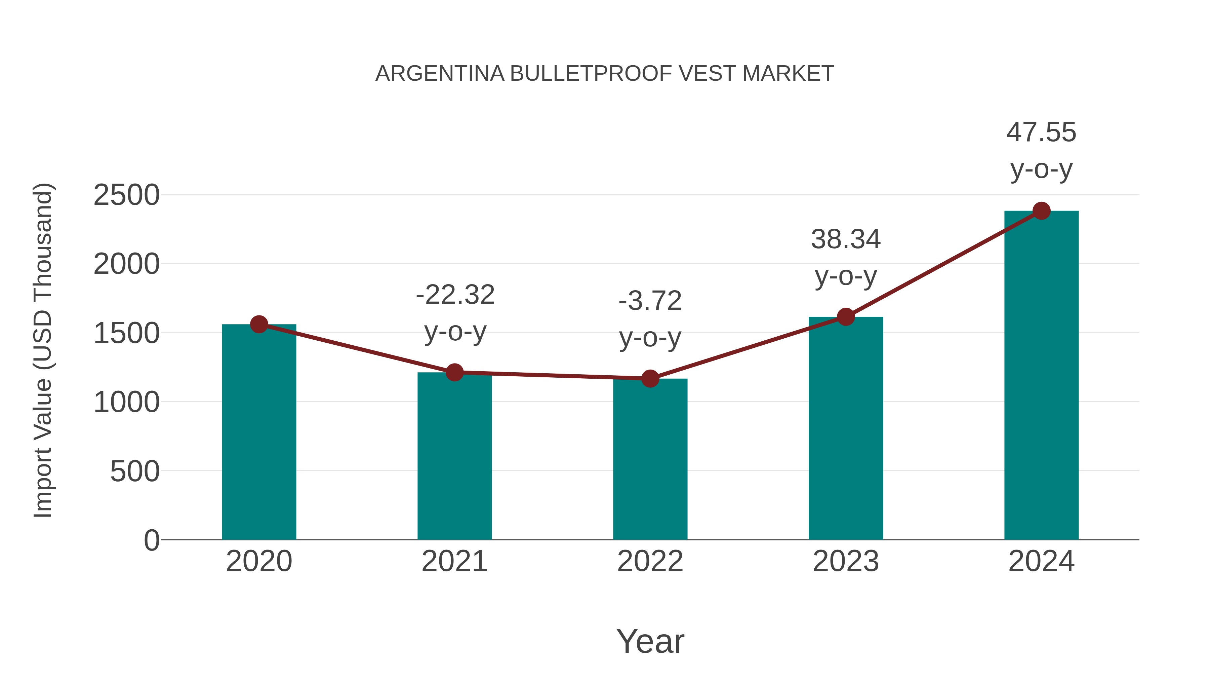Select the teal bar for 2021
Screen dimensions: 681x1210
[x=454, y=456]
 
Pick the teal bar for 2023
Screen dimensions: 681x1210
[x=846, y=428]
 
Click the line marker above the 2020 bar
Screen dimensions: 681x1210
[x=259, y=324]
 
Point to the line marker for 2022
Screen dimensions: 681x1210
[x=650, y=378]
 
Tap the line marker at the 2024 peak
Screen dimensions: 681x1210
[x=1041, y=211]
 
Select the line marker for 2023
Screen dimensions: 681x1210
[x=846, y=317]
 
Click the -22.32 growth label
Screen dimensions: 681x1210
[x=455, y=295]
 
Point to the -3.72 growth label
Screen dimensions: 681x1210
[x=650, y=301]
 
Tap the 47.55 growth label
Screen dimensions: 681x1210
[x=1041, y=132]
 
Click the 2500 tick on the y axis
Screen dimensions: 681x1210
[x=126, y=195]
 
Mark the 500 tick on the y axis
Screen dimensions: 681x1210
[x=134, y=471]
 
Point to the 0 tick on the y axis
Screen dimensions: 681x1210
[x=151, y=540]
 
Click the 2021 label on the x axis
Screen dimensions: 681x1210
[x=454, y=561]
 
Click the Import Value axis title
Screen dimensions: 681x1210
[x=42, y=350]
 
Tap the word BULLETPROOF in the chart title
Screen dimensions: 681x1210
[x=591, y=74]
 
